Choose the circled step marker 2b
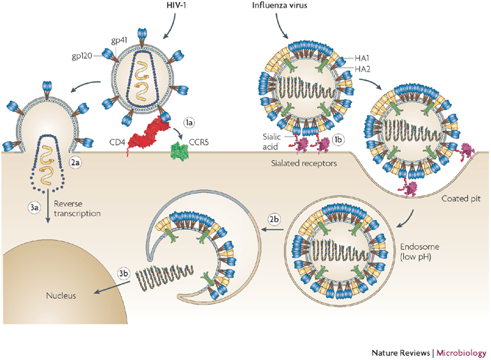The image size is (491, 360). coord(274,219)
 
